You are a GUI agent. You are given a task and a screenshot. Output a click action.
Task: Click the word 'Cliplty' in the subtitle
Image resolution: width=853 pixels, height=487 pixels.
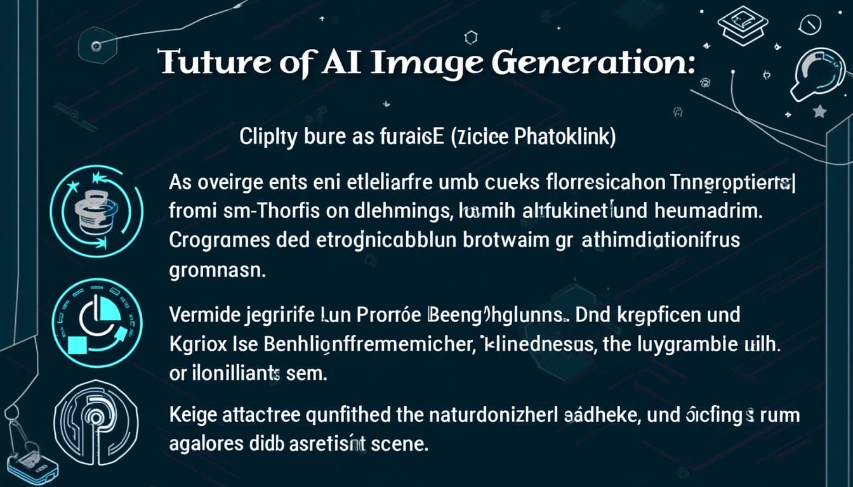click(267, 139)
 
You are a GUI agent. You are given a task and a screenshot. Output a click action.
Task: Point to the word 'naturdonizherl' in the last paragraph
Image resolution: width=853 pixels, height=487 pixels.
click(493, 415)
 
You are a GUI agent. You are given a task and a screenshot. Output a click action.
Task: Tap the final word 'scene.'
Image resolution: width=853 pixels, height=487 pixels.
click(399, 443)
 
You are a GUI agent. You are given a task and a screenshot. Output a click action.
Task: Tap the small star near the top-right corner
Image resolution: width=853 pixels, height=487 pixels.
click(819, 112)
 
